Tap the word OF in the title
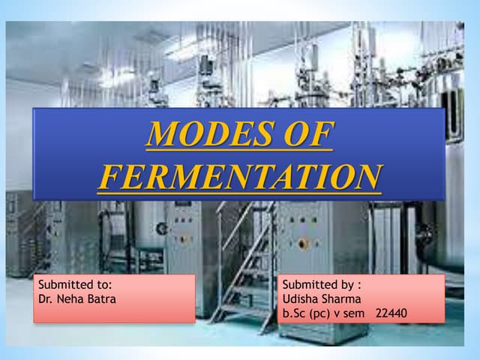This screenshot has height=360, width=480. [304, 135]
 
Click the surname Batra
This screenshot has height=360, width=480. [103, 298]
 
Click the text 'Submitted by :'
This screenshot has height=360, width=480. [322, 284]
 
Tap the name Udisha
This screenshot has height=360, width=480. [301, 298]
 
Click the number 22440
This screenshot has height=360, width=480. [391, 311]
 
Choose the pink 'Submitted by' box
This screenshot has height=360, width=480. [361, 298]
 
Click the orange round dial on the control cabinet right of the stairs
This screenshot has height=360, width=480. [303, 244]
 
